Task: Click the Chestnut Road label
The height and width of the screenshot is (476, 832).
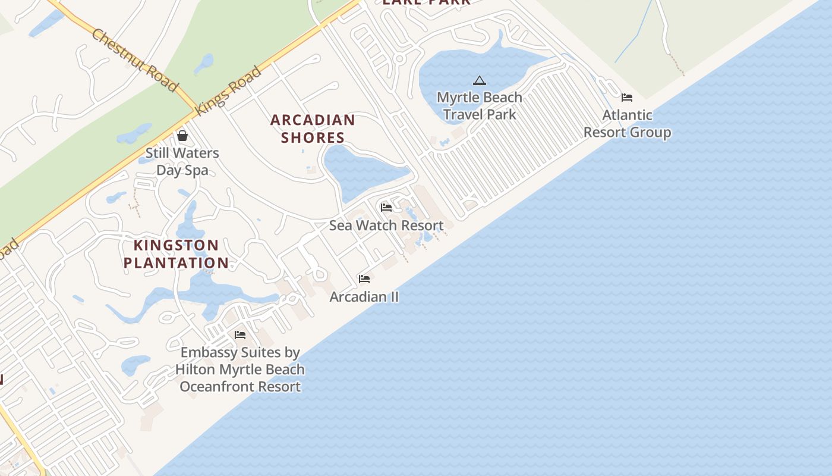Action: click(x=135, y=60)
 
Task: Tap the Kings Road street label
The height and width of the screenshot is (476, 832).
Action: click(x=229, y=90)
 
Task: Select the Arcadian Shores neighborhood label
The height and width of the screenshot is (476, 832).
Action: click(x=313, y=129)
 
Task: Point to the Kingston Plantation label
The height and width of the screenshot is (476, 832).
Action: click(x=176, y=254)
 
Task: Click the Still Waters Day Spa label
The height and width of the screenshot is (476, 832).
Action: click(x=182, y=161)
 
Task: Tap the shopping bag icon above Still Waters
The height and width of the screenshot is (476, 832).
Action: click(x=182, y=136)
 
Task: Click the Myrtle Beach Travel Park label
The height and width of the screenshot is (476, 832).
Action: click(x=480, y=105)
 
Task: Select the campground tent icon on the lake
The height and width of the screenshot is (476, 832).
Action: click(x=480, y=80)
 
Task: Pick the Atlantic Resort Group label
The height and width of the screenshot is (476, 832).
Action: click(x=627, y=123)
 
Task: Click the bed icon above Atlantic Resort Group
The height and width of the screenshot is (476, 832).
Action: click(x=627, y=97)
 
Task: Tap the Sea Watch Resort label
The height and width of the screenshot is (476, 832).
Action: click(x=386, y=226)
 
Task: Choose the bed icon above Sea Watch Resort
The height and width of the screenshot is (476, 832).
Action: click(x=386, y=208)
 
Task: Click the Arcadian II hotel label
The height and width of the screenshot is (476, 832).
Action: click(x=364, y=296)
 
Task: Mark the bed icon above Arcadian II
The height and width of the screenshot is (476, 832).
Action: click(x=364, y=278)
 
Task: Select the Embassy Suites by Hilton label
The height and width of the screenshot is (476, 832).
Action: click(x=240, y=369)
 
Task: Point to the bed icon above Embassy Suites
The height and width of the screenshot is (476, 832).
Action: click(x=240, y=335)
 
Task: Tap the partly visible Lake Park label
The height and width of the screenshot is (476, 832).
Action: click(x=426, y=2)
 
